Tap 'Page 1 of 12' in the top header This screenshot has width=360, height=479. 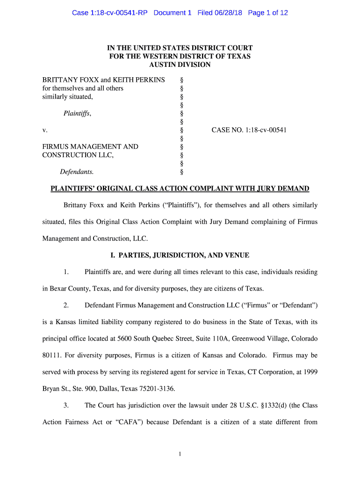point(268,13)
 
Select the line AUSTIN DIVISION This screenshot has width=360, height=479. point(180,65)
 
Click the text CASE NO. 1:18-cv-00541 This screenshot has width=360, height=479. point(249,130)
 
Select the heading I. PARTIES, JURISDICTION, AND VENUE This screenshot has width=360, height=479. point(180,255)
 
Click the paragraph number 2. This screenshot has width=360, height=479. point(66,305)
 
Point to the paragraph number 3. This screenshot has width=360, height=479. point(66,406)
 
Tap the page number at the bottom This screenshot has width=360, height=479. point(180,454)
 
